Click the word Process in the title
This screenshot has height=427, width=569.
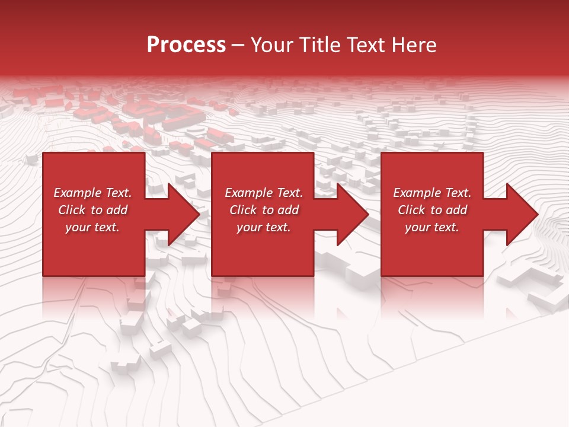tap(186, 45)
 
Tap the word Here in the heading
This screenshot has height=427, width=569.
tap(414, 45)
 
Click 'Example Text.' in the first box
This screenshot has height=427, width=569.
tap(92, 193)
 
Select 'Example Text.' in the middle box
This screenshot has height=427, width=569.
tap(263, 193)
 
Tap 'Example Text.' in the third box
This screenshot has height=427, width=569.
tap(432, 193)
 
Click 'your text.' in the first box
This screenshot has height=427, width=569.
tap(92, 227)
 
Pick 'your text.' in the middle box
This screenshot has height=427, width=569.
tap(263, 227)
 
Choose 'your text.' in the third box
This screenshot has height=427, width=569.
tap(432, 227)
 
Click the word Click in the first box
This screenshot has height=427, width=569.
tap(72, 210)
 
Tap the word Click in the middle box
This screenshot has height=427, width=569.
tap(243, 210)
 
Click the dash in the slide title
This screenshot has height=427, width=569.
tap(238, 45)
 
